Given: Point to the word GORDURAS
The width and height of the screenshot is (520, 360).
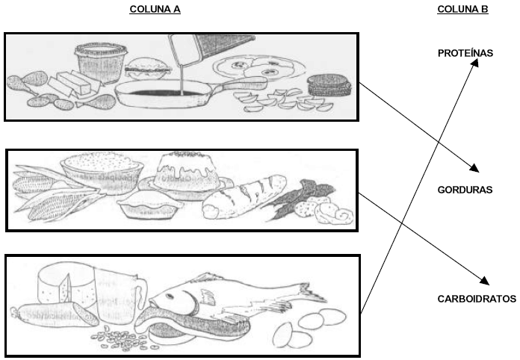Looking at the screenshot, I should click(465, 190).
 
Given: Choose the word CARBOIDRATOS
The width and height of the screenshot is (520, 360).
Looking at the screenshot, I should click(477, 299).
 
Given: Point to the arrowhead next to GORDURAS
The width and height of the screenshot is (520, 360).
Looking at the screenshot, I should click(474, 168).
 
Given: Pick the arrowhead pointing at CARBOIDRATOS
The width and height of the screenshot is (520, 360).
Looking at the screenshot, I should click(484, 282).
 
